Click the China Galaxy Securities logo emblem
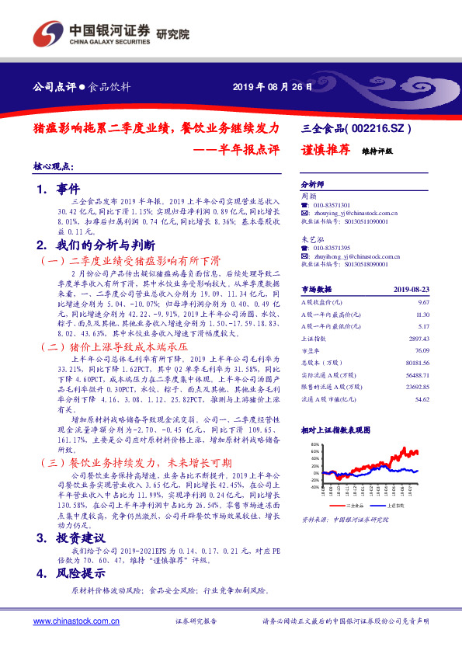pos(47,33)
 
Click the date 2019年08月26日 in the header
pos(273,86)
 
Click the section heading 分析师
pos(312,186)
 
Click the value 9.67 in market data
pos(423,301)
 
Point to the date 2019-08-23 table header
pos(412,289)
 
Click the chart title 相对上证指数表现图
pos(335,429)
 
